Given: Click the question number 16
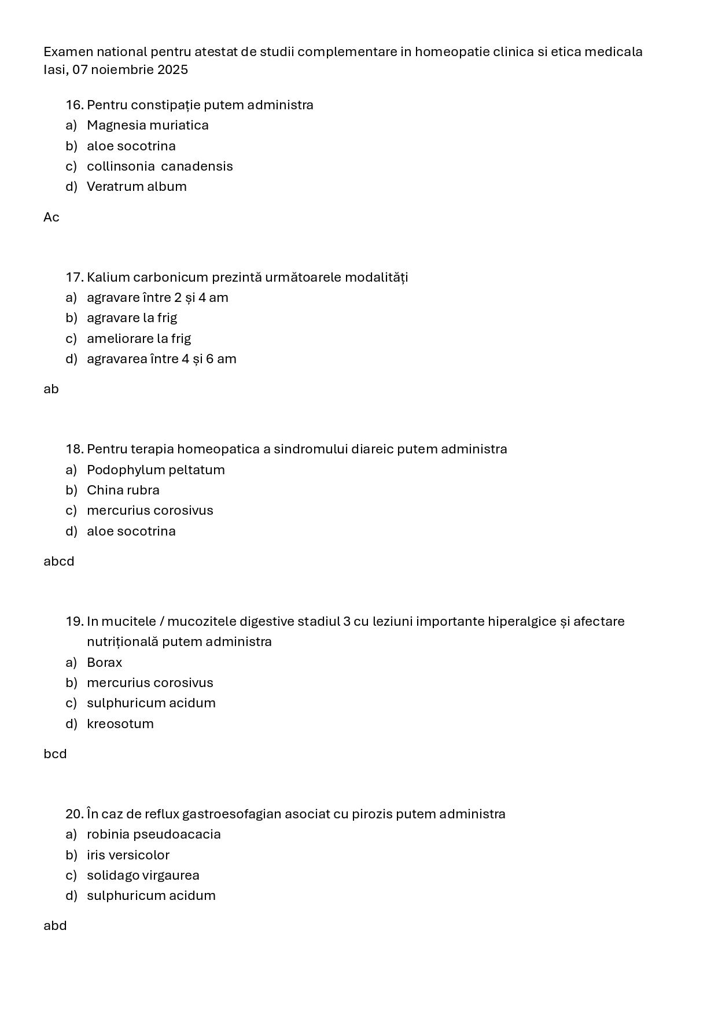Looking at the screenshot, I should [x=75, y=105].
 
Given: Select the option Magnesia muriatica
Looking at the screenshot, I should [x=148, y=125].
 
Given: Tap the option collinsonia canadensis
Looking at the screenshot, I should [x=160, y=166].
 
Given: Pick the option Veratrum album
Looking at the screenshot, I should [x=137, y=186].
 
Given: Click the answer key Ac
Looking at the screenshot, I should [x=51, y=217].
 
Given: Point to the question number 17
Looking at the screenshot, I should [x=75, y=277].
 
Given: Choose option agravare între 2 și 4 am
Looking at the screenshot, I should [x=157, y=297].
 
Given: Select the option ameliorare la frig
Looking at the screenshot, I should [x=139, y=338].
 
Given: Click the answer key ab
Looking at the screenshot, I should [x=51, y=389].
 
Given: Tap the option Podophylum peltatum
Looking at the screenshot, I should [x=156, y=470].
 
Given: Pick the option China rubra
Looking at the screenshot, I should [x=123, y=490].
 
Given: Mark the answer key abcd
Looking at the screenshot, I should [x=59, y=561].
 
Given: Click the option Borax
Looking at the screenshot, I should [x=105, y=662].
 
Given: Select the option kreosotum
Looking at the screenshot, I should [x=120, y=724].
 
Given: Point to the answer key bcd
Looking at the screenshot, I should [x=55, y=754].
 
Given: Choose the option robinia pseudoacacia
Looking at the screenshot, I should [x=154, y=834].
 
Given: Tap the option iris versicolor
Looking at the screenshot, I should [x=128, y=855].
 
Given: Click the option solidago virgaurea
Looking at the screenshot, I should [x=143, y=875].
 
